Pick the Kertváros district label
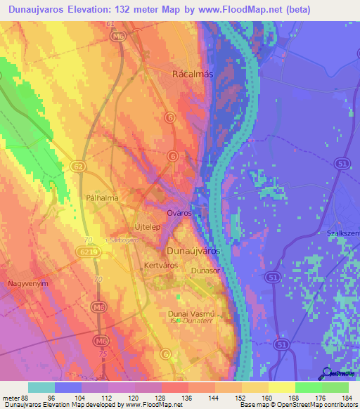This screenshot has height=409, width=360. (160, 266)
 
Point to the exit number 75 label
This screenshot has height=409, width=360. (103, 355)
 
